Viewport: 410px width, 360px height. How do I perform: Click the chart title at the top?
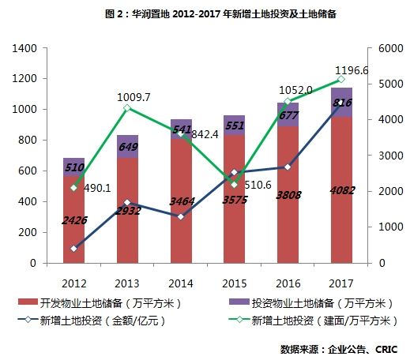[x=208, y=13]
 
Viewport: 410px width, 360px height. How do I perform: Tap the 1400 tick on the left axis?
[x=26, y=48]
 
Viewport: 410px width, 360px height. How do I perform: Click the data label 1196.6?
[x=374, y=69]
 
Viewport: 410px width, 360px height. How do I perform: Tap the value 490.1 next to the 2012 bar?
[x=97, y=189]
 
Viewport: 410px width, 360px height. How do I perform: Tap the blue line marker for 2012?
[x=73, y=248]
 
